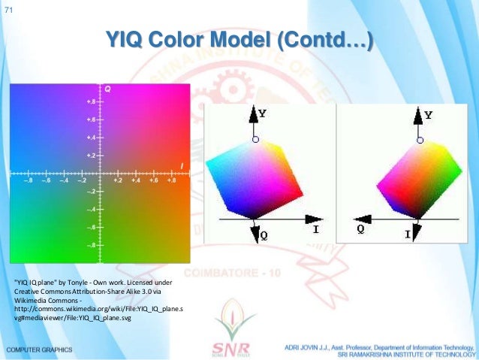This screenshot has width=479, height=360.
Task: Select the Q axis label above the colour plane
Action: point(107,89)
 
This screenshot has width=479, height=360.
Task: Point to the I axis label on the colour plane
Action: point(182,165)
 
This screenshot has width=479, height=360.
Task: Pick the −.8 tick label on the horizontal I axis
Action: point(29,181)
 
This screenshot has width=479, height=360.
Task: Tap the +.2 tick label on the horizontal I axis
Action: point(118,181)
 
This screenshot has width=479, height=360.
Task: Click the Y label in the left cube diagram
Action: point(261,113)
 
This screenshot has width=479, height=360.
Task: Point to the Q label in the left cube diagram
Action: point(263,235)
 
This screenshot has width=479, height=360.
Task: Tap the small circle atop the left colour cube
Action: point(255,140)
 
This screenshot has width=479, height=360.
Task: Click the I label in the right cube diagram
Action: point(408,235)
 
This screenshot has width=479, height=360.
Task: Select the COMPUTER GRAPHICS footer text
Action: point(39,350)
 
